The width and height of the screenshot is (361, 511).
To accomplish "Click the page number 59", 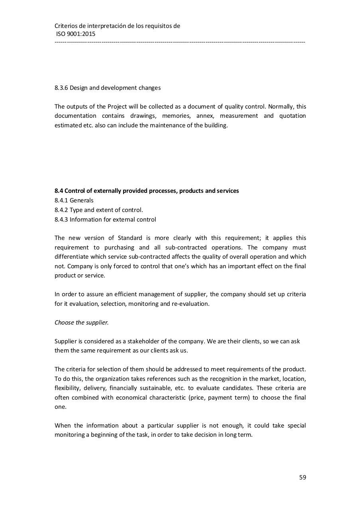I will tap(302, 477).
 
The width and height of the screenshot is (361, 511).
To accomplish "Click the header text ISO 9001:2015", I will tap(76, 34).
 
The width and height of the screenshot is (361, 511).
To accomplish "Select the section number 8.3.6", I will tap(61, 88).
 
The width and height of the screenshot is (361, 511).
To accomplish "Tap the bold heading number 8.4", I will tap(59, 191).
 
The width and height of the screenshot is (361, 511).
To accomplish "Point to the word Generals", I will tap(81, 200).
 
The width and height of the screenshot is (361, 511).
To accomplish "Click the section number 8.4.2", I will tap(61, 210).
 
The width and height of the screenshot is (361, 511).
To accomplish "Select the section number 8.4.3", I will tap(61, 220).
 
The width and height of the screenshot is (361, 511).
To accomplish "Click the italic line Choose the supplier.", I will tap(81, 323).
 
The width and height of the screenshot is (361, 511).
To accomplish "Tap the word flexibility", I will tap(67, 388).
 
